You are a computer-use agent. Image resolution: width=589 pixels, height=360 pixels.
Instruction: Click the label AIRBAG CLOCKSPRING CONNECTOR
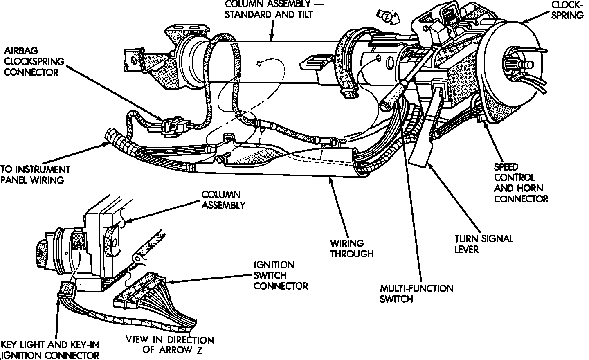pyautogui.click(x=34, y=61)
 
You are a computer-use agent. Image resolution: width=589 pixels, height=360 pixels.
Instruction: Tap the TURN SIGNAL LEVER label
pyautogui.click(x=484, y=244)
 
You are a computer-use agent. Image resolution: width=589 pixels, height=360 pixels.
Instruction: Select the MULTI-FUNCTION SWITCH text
pyautogui.click(x=416, y=294)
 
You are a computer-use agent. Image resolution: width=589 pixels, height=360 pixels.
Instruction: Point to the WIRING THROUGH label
pyautogui.click(x=352, y=248)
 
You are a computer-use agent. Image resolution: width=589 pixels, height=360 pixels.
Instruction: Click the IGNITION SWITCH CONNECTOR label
pyautogui.click(x=281, y=275)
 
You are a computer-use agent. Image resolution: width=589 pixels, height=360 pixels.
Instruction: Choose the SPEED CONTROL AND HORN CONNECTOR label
pyautogui.click(x=521, y=183)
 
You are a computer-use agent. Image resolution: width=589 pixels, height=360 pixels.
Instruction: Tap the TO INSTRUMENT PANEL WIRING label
pyautogui.click(x=35, y=175)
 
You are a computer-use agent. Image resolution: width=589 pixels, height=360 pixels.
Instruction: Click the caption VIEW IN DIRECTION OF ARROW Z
pyautogui.click(x=170, y=345)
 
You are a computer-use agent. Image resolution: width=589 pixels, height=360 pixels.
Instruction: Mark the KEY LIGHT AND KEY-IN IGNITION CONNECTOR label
pyautogui.click(x=50, y=350)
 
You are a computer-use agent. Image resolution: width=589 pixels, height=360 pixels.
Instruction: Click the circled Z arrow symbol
pyautogui.click(x=387, y=17)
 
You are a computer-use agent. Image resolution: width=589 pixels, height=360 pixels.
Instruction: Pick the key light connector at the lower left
pyautogui.click(x=67, y=290)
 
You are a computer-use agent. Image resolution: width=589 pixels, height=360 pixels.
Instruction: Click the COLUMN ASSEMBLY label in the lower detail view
pyautogui.click(x=223, y=200)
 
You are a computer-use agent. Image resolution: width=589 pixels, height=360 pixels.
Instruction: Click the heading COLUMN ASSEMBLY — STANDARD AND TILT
pyautogui.click(x=274, y=9)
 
